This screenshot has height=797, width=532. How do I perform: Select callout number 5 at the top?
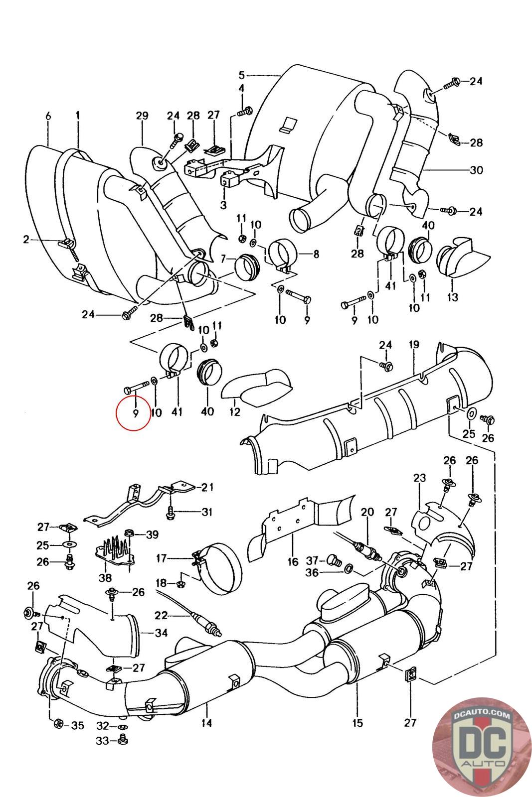(x=241, y=75)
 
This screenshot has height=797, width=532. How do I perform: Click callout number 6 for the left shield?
(x=48, y=116)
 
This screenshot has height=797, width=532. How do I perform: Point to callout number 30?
(x=476, y=170)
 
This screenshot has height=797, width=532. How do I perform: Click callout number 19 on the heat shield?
(x=414, y=345)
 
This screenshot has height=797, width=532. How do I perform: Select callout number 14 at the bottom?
(x=206, y=723)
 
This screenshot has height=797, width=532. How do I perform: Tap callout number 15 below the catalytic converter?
(x=357, y=723)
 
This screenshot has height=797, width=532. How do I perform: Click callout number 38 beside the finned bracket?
(x=105, y=578)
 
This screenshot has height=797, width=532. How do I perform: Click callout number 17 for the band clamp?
(x=161, y=558)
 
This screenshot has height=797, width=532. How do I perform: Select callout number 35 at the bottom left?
(x=77, y=725)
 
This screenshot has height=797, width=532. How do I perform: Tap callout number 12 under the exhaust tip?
(x=235, y=412)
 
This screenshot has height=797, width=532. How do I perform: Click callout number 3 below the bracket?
(x=223, y=205)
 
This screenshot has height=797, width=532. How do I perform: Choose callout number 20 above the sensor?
(x=367, y=512)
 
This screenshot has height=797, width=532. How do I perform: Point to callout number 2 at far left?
(x=26, y=240)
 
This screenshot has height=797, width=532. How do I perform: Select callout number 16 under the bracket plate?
(x=293, y=562)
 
